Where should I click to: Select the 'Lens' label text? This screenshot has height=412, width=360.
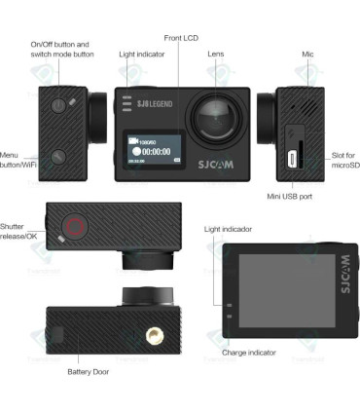coord(216,55)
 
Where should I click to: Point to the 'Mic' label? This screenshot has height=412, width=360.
coord(307,55)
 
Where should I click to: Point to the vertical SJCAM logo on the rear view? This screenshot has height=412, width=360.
coord(342,274)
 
